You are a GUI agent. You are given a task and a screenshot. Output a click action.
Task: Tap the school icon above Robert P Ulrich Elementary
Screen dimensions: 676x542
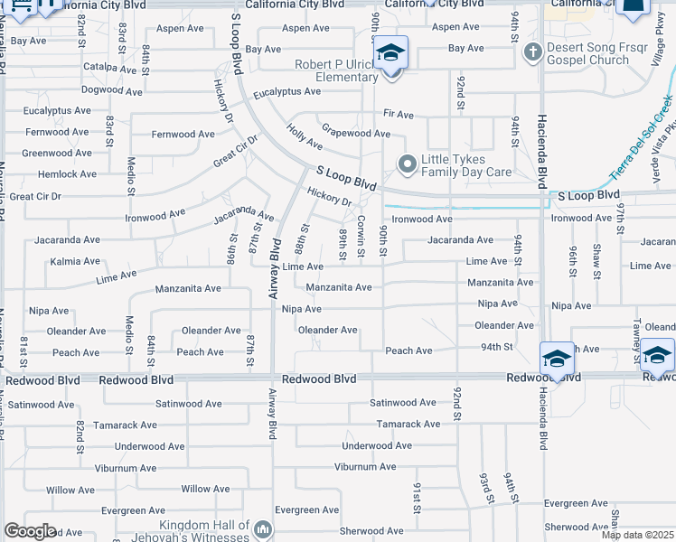click(391, 52)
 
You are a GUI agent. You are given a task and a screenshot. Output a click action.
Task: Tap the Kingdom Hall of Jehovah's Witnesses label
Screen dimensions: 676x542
click(203, 530)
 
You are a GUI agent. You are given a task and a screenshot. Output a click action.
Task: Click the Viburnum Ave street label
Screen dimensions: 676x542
click(365, 467)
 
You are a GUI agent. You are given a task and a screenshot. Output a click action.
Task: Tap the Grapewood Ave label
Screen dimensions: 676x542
click(356, 134)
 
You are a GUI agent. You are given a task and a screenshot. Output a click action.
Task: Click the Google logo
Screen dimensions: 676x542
click(31, 531)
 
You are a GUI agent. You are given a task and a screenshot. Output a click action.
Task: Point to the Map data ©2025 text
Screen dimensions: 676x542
click(637, 535)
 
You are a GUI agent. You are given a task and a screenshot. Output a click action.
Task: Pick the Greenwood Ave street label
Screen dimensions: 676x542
click(56, 154)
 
